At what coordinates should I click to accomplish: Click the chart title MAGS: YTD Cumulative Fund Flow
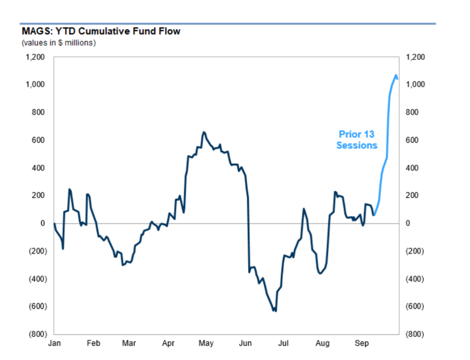tap(101, 31)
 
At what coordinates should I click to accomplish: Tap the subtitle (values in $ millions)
tap(59, 43)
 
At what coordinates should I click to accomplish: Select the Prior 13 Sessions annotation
tap(357, 140)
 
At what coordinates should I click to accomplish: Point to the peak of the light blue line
tap(396, 75)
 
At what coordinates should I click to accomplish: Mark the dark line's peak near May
tap(204, 132)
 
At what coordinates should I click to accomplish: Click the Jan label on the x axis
tap(54, 343)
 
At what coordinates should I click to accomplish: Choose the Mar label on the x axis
tap(129, 343)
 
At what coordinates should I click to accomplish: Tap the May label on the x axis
tap(206, 343)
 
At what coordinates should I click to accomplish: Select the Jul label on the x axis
tap(283, 343)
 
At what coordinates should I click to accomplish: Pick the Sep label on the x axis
tap(362, 343)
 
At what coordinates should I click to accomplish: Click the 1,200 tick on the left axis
tap(35, 57)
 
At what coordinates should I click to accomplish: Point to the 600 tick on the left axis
tap(38, 140)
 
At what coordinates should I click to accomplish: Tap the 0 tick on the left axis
tap(43, 223)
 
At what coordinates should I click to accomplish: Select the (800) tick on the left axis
tap(38, 334)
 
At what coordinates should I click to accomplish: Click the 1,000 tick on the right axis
tap(415, 84)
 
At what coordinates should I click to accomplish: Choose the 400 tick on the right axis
tap(412, 168)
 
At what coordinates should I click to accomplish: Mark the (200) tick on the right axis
tap(415, 251)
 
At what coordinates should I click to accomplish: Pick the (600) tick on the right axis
tap(415, 307)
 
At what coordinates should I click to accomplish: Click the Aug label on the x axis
tap(322, 343)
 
